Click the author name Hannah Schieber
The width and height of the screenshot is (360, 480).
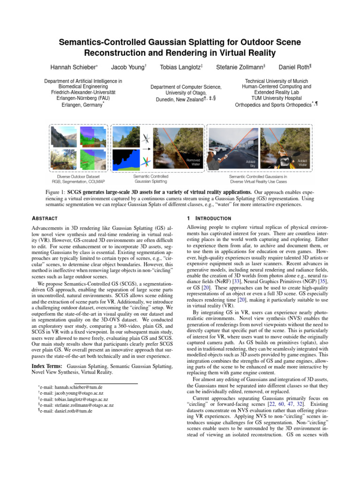(71, 67)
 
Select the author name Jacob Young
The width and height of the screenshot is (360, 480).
(127, 67)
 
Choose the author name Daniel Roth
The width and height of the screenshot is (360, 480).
(293, 67)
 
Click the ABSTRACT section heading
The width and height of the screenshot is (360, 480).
(45, 218)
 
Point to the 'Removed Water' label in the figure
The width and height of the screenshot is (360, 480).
(193, 162)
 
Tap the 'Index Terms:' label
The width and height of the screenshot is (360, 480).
(48, 366)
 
